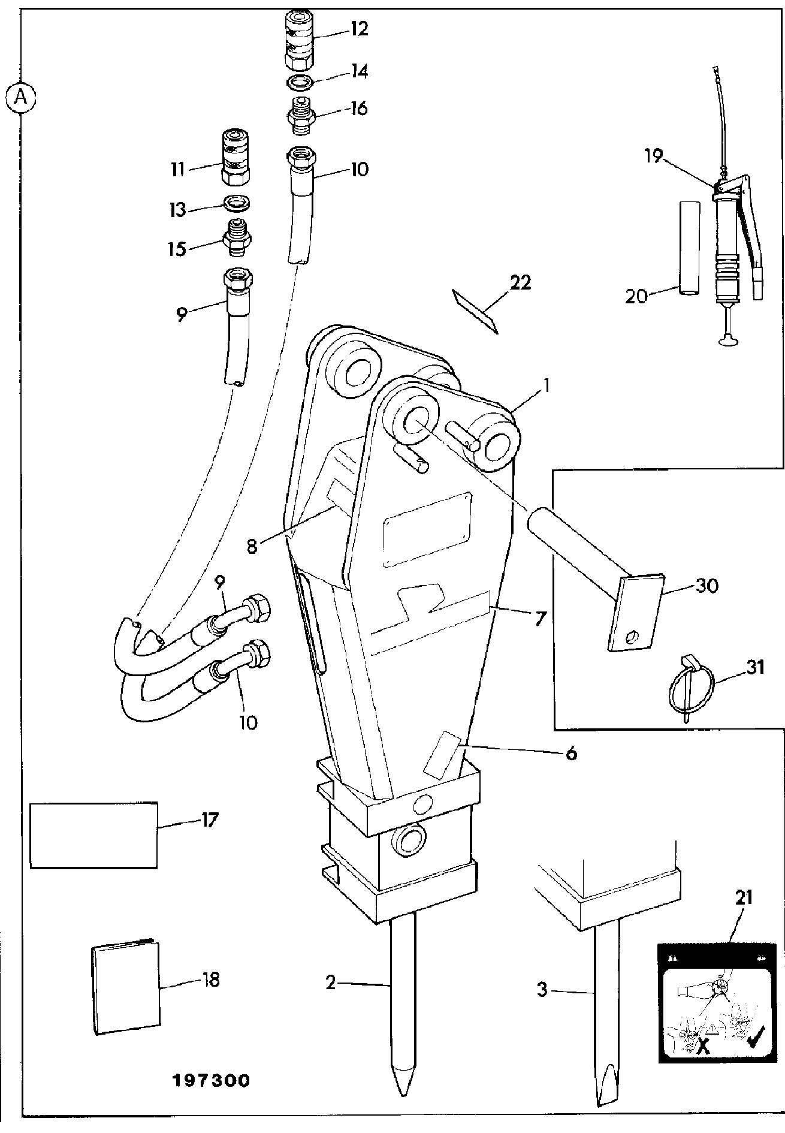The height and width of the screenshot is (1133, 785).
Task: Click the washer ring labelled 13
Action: click(237, 204)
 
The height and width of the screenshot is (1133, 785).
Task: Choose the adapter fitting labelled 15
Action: click(237, 239)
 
